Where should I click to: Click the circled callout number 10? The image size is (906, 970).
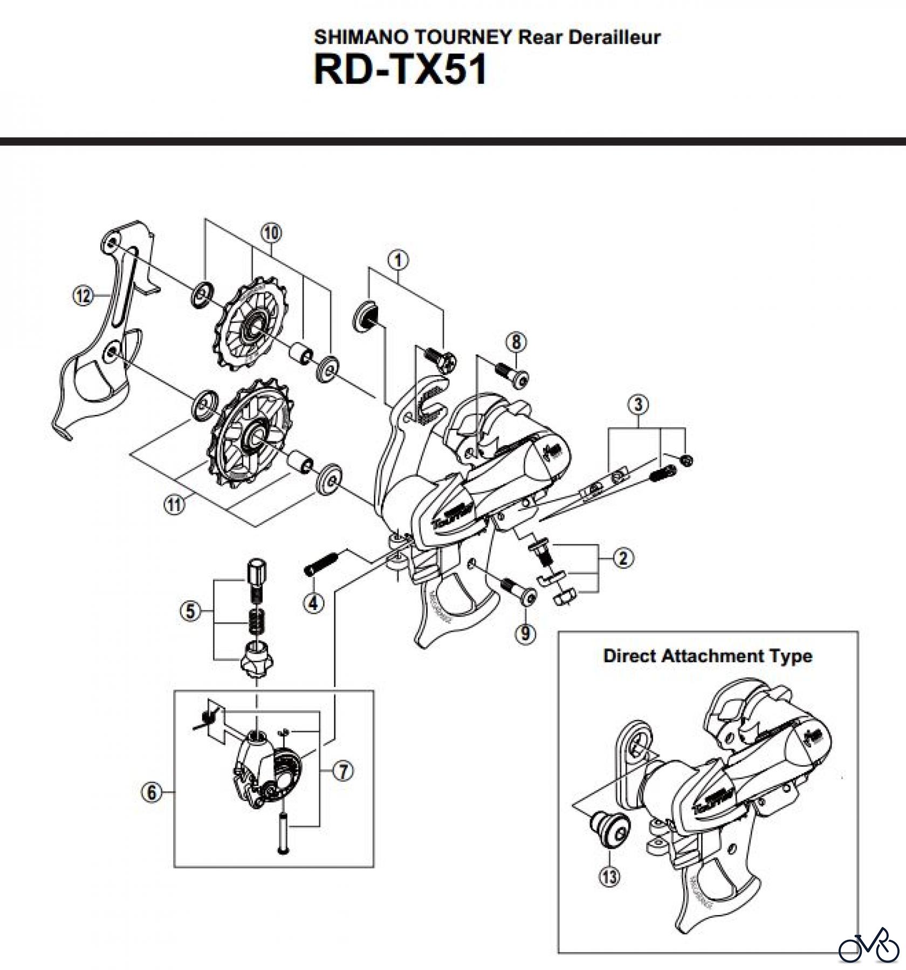click(x=271, y=233)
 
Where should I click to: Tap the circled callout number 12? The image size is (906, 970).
click(x=83, y=296)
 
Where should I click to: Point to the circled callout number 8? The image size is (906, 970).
click(x=517, y=342)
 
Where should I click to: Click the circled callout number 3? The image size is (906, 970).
click(x=639, y=404)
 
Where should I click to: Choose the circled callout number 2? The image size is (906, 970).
click(x=623, y=558)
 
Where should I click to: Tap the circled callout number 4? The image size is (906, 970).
click(x=314, y=603)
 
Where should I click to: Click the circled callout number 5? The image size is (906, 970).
click(x=190, y=611)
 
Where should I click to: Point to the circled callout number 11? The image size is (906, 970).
click(x=173, y=505)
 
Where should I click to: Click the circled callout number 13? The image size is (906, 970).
click(x=609, y=877)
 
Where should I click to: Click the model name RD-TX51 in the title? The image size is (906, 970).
click(x=400, y=70)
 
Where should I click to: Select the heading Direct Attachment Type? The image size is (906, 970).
click(x=708, y=656)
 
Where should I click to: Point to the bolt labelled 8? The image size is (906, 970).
click(x=512, y=375)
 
